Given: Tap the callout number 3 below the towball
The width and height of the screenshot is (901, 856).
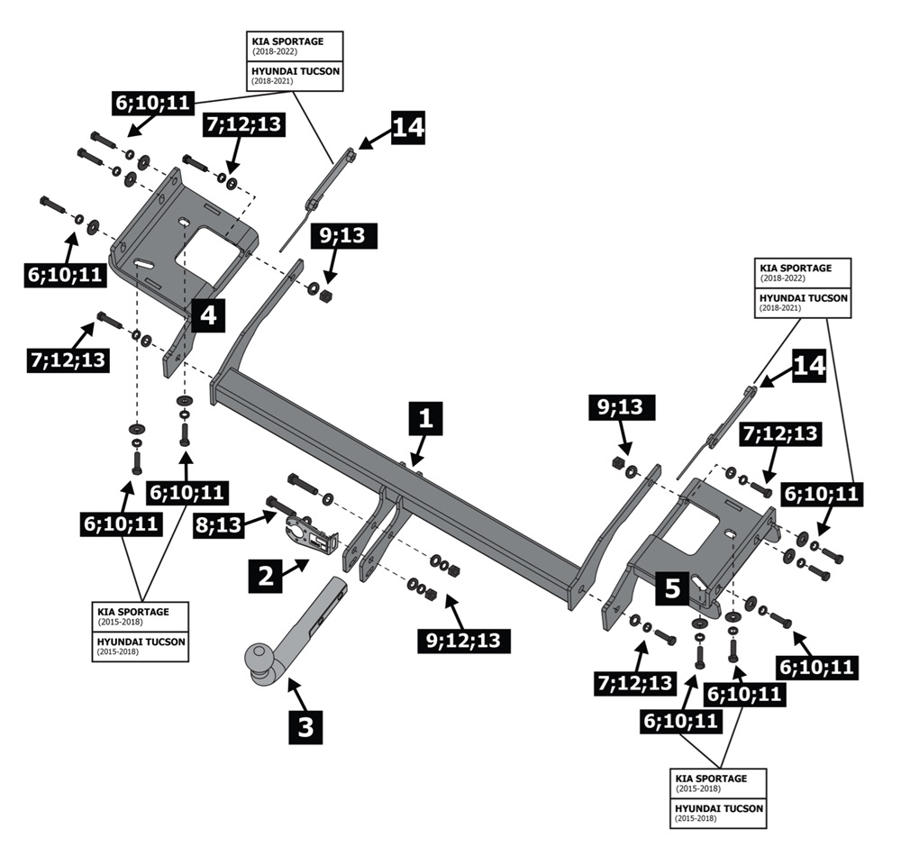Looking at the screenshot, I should point(305,725).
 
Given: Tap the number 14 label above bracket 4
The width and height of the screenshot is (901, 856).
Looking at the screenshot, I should point(407,127).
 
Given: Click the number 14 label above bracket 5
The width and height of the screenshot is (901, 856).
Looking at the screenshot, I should point(808,367).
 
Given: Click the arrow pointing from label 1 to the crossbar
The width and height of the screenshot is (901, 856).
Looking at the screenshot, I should point(417,451).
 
